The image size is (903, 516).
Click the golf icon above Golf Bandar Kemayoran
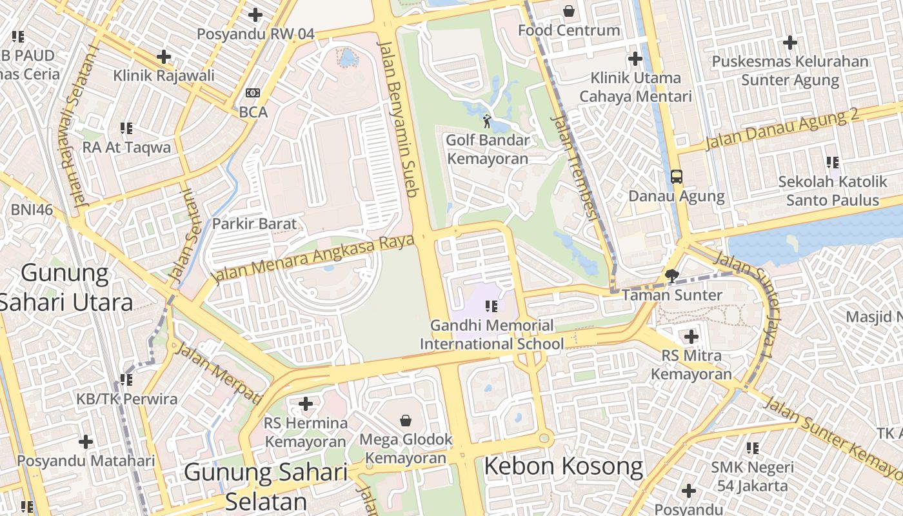pos(487,121)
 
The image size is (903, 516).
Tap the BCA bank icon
pos(253,94)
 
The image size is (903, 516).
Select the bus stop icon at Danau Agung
pos(677,176)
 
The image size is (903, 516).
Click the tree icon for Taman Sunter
pos(672,276)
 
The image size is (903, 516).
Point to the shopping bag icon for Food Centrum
pos(569,11)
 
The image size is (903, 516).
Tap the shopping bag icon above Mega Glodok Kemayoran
pos(406,421)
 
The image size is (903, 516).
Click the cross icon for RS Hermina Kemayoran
pos(306,404)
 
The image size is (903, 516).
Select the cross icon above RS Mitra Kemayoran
pos(691,336)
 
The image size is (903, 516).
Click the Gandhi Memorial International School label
pos(491,335)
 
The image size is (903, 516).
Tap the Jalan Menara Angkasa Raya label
pos(313,259)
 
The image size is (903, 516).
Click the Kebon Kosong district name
pos(563,466)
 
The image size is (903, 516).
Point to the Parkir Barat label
pos(255,224)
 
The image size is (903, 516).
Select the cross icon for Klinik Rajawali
pos(164,57)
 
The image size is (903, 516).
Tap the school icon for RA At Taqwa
pos(126,128)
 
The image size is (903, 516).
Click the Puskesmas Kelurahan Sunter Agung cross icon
pos(790,43)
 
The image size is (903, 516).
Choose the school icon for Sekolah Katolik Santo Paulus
pos(833,163)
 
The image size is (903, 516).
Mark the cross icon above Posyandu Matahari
pos(86,442)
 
